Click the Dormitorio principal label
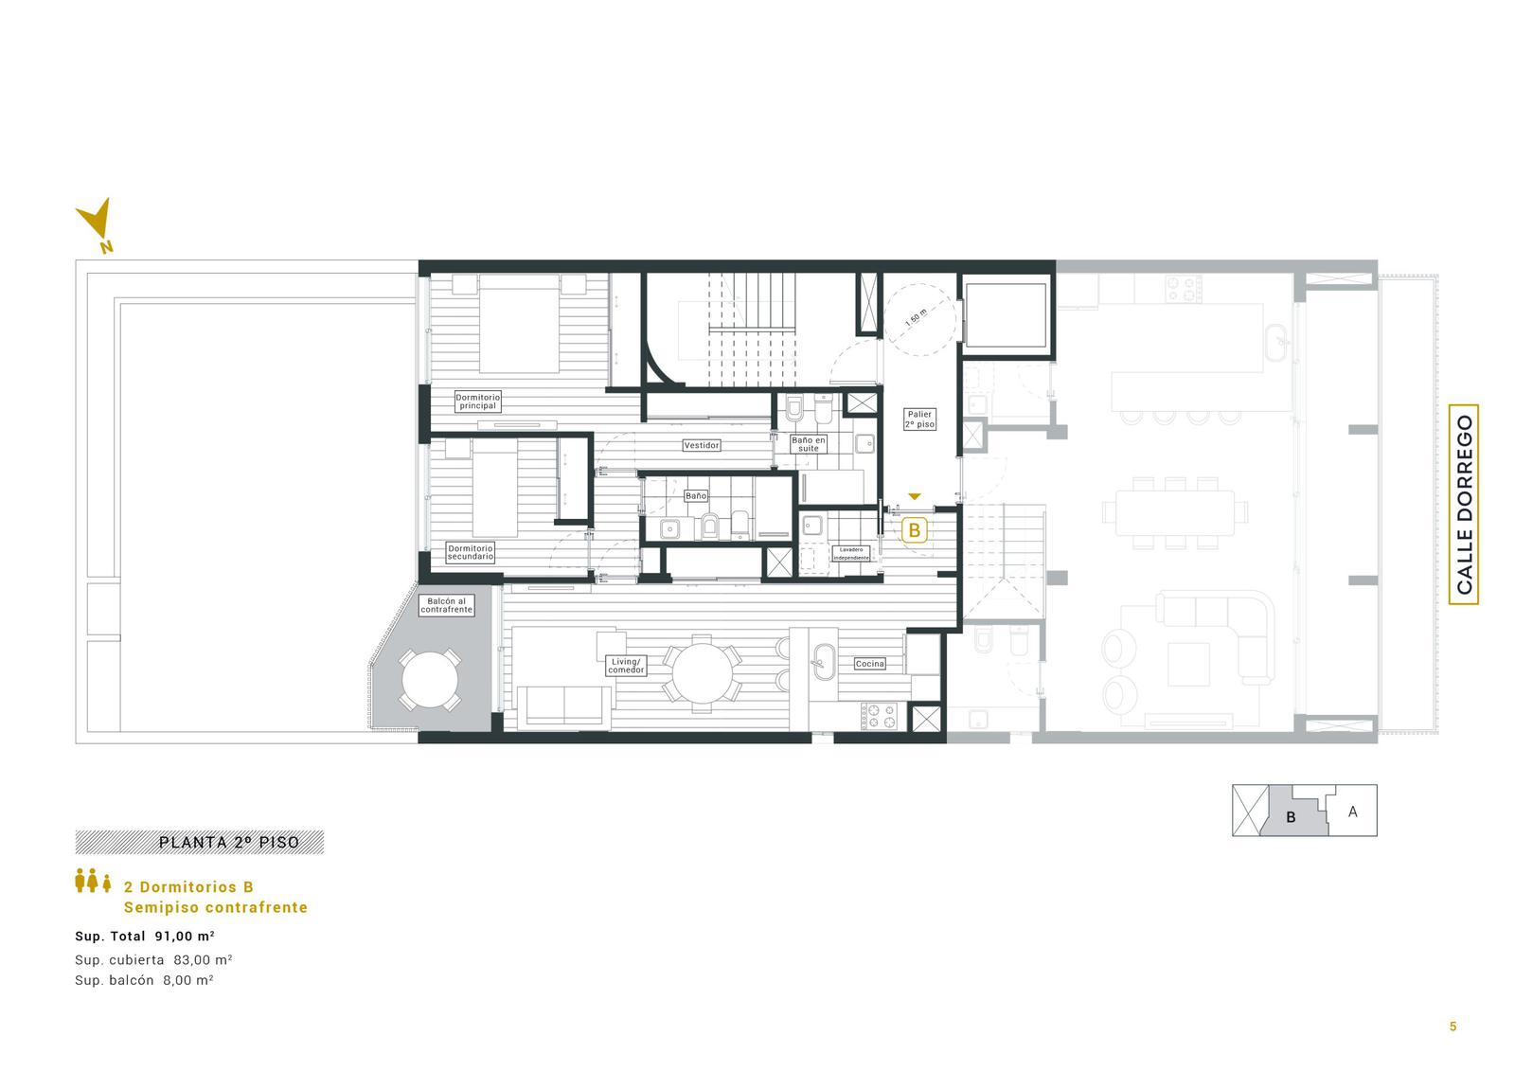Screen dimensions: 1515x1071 pos(477,402)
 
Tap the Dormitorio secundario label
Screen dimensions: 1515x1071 pos(470,552)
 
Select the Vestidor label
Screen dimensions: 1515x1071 pos(702,445)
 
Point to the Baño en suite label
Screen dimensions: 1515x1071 pos(809,444)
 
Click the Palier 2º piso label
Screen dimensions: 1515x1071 pos(919,419)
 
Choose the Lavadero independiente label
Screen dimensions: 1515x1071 pos(851,553)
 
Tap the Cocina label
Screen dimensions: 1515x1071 pos(870,664)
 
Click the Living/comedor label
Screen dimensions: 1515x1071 pos(626,666)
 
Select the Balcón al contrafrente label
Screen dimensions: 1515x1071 pos(446,605)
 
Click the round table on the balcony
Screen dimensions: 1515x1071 pos(430,679)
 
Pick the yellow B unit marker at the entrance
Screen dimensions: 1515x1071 pos(915,530)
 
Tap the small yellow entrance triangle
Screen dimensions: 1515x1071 pos(915,496)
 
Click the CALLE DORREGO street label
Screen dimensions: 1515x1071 pos(1464,504)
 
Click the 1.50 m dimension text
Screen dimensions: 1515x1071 pos(916,318)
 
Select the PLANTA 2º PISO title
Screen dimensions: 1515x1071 pos(228,843)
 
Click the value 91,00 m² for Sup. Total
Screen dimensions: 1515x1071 pos(185,937)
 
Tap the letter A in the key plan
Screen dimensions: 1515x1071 pos(1352,812)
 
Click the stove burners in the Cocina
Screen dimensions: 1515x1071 pos(879,716)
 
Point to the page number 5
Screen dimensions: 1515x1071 pos(1453,1026)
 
